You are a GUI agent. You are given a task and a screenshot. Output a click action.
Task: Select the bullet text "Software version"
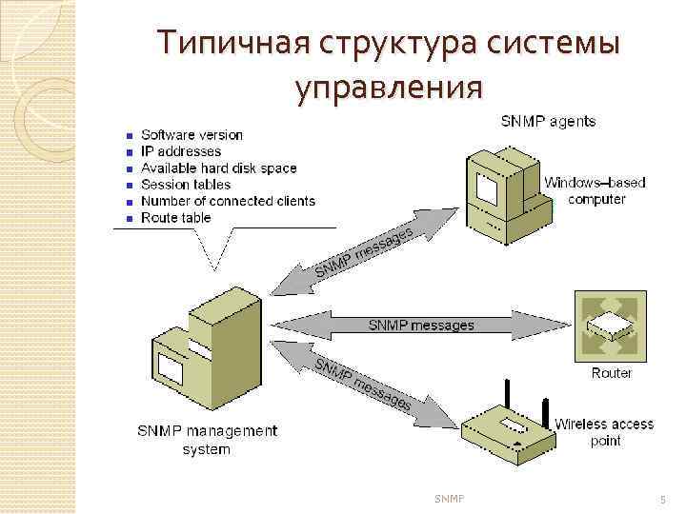pos(192,135)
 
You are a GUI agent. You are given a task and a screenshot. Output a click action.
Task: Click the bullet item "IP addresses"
pos(181,151)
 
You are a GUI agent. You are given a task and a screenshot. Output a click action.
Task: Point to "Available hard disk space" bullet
pos(218,168)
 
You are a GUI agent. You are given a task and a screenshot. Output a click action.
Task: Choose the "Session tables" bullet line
pos(186,185)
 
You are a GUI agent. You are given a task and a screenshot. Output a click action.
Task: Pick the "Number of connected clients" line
pos(228,201)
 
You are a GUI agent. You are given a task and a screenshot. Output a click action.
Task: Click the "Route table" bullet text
pos(176,218)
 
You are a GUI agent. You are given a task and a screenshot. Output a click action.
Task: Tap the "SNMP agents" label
pos(549,121)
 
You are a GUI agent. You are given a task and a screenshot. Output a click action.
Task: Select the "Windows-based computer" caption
pos(596,190)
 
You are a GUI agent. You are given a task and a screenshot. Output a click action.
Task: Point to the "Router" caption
pos(611,372)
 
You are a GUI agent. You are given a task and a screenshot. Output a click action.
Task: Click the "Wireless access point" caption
pos(604,432)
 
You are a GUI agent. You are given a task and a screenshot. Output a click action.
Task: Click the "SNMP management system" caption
pos(206,440)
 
